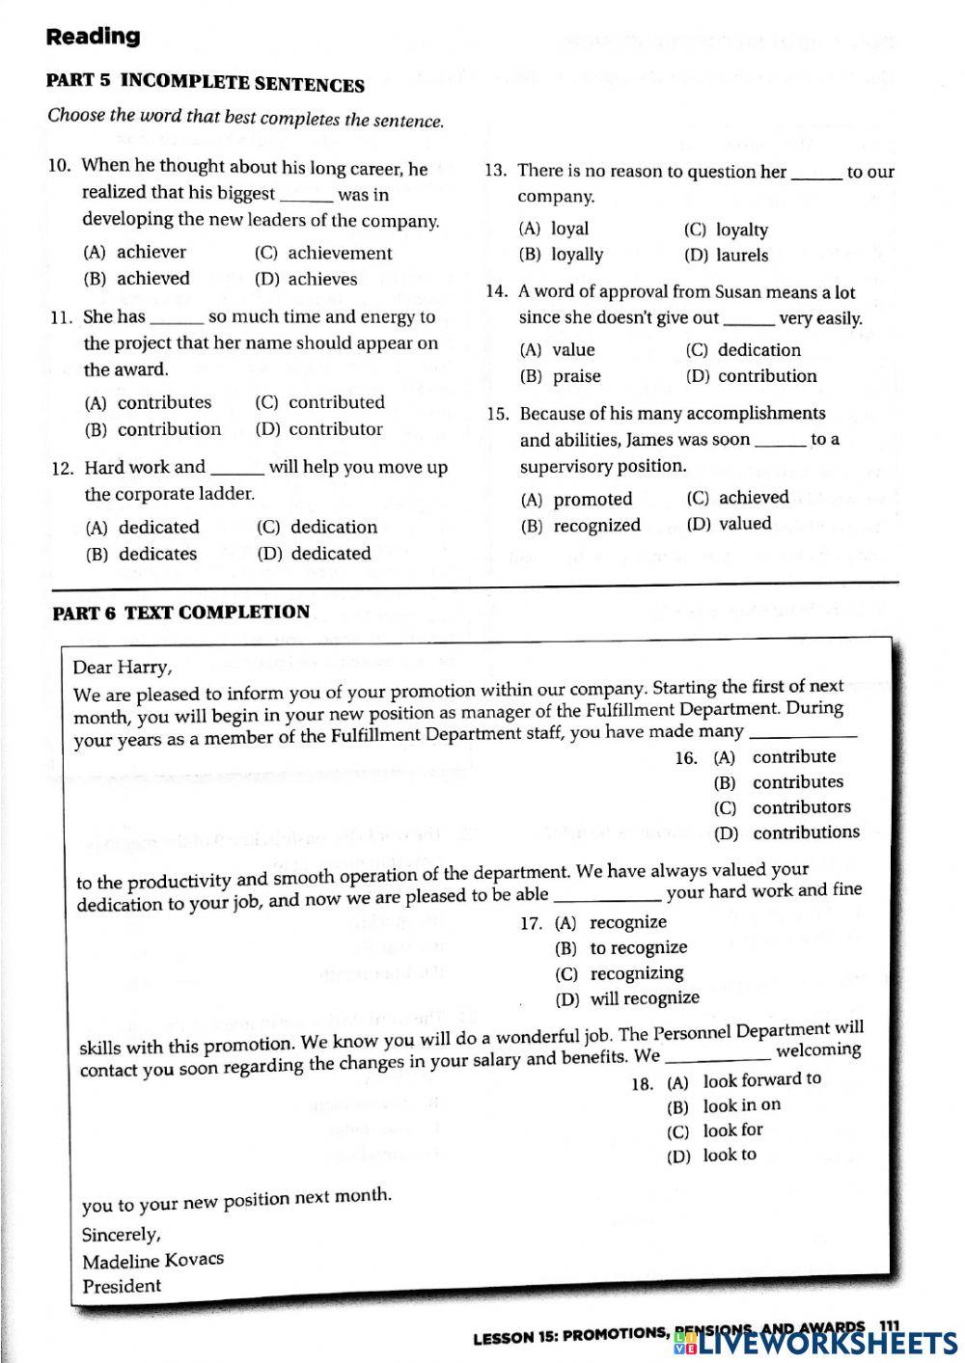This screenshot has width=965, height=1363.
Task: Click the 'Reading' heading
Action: click(x=93, y=37)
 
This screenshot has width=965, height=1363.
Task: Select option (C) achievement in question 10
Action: click(x=323, y=253)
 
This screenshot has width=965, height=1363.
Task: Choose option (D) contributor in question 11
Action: click(x=319, y=429)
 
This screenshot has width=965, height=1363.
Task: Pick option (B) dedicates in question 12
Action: click(x=141, y=554)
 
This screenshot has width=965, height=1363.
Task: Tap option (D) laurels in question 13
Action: click(x=726, y=256)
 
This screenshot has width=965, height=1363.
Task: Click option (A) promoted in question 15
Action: click(x=576, y=500)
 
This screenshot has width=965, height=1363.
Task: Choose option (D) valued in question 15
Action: click(x=729, y=524)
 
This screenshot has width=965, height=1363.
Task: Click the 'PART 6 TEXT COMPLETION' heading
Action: click(x=180, y=613)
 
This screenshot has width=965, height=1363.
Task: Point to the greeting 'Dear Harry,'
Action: click(x=123, y=668)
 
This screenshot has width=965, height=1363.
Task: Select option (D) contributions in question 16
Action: click(x=786, y=832)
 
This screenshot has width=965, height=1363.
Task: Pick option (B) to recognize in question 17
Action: click(x=621, y=948)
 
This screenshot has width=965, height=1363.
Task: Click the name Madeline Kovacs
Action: click(x=152, y=1260)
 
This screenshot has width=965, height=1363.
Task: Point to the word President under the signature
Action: click(x=122, y=1286)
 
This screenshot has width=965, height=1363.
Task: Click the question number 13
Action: click(x=495, y=172)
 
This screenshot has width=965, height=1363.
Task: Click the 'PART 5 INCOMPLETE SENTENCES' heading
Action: click(x=205, y=83)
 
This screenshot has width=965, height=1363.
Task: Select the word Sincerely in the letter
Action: click(x=121, y=1235)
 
